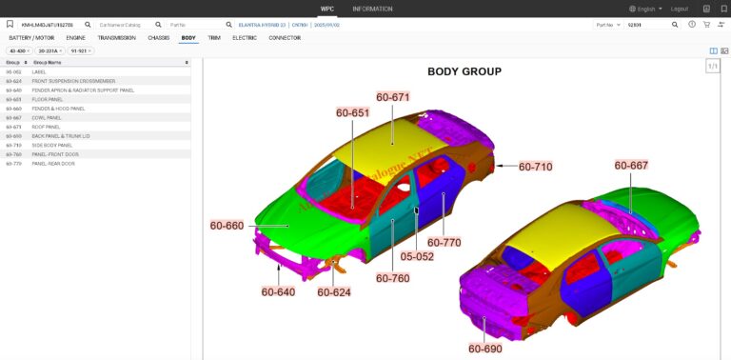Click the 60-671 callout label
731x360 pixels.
392,97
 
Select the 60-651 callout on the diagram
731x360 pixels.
352,112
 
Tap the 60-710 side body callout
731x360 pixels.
535,167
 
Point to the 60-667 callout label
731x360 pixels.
631,165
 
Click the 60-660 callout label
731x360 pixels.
227,226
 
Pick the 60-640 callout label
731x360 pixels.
278,291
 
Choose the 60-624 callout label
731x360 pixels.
334,291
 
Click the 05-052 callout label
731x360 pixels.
416,256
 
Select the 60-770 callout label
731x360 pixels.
444,242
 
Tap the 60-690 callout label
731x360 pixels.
484,349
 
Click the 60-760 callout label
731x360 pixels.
392,278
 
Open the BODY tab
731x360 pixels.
188,38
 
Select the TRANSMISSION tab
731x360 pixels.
116,38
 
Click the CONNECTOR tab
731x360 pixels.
285,38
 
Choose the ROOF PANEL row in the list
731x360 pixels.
46,127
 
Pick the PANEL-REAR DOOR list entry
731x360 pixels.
53,164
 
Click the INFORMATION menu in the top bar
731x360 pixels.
371,9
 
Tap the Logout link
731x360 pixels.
679,9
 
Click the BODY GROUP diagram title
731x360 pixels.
464,71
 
